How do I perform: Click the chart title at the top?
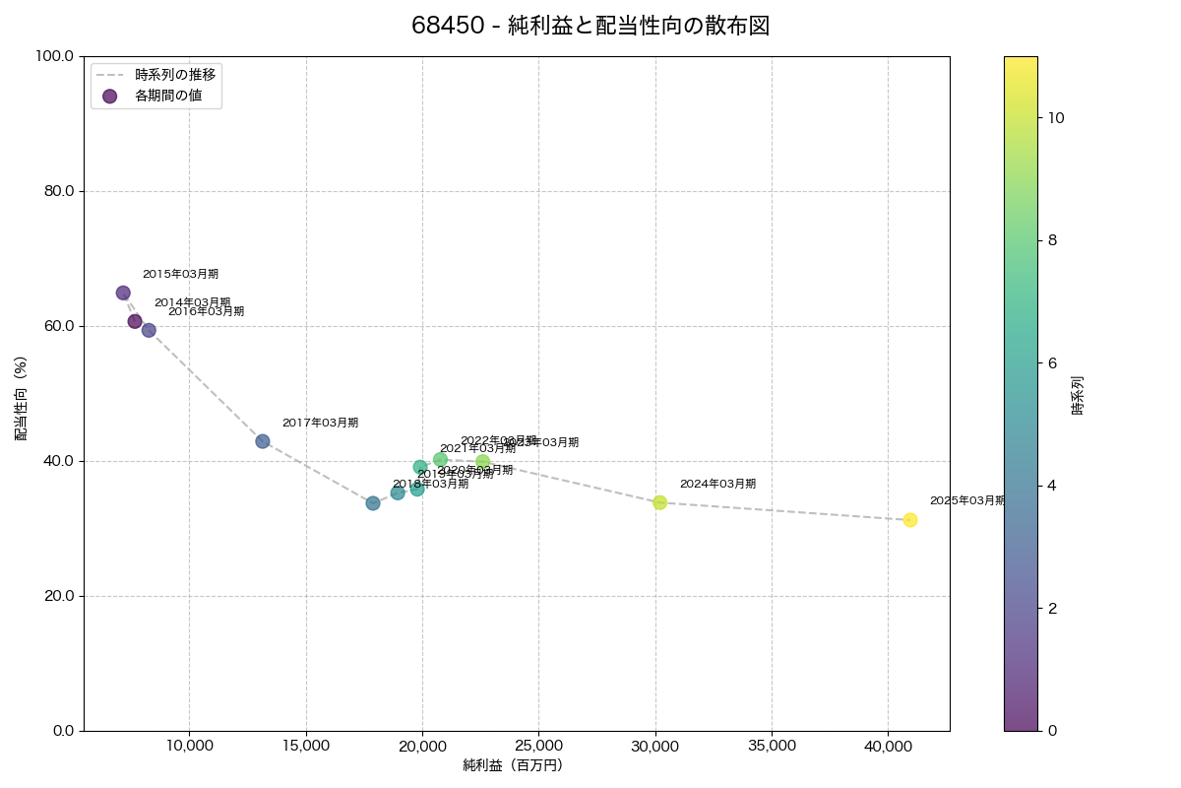click(x=590, y=26)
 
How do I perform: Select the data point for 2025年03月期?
click(x=910, y=520)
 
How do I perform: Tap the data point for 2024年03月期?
click(x=659, y=502)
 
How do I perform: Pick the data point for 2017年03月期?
click(x=263, y=441)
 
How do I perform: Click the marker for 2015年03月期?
click(x=123, y=293)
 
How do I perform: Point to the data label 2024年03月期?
click(x=717, y=484)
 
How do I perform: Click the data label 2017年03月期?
click(x=320, y=423)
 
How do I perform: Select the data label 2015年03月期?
click(x=180, y=274)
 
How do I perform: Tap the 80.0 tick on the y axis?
click(x=56, y=191)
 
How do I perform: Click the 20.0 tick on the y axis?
click(x=56, y=596)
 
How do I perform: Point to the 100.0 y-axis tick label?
click(x=53, y=56)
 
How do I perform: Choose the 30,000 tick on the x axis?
click(x=655, y=746)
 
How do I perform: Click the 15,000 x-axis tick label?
click(x=306, y=746)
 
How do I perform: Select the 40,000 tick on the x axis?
click(x=889, y=746)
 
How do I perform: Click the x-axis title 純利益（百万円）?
click(x=513, y=765)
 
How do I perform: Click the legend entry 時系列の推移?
click(x=174, y=74)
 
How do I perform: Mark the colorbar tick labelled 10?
click(x=1056, y=117)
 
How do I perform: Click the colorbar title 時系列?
click(x=1078, y=393)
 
